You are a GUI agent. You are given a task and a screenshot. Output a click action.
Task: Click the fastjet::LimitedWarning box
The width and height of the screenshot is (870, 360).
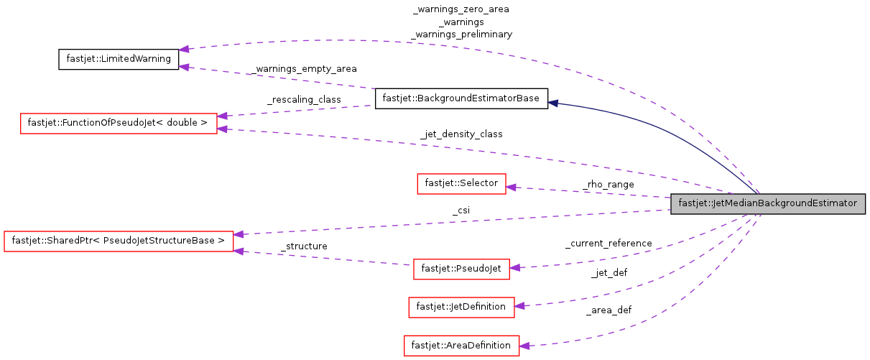[x=118, y=59]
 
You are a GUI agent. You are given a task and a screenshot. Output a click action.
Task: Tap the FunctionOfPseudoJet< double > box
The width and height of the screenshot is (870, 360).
[x=118, y=123]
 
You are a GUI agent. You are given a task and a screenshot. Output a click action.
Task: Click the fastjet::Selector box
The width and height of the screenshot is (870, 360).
[x=461, y=183]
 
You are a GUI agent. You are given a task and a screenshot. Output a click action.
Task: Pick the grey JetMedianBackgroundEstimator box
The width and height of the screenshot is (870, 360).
[x=767, y=203]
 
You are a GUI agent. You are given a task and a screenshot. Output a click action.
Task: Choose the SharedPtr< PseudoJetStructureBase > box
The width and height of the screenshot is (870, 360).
[x=119, y=240]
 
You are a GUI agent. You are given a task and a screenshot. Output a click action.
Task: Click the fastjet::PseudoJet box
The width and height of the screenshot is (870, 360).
[x=461, y=269]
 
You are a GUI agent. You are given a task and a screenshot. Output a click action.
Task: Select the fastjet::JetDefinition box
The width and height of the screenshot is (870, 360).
[x=461, y=307]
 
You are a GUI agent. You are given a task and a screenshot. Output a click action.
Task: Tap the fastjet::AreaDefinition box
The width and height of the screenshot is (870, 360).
[x=461, y=346]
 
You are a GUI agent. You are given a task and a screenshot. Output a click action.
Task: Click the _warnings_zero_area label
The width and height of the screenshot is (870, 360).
[x=461, y=10]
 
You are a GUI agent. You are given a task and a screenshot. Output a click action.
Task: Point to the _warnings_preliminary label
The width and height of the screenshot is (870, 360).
[x=461, y=34]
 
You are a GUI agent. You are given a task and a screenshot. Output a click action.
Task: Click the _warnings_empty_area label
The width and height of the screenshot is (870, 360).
[x=304, y=69]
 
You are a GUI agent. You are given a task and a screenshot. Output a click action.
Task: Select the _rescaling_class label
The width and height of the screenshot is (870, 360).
[x=304, y=99]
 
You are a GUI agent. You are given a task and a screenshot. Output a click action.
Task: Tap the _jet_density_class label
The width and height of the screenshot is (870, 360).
[x=461, y=134]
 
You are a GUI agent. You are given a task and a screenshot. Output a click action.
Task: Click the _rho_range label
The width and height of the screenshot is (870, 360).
[x=608, y=185]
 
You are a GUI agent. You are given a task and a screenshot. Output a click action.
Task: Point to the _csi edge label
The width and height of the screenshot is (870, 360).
[x=461, y=211]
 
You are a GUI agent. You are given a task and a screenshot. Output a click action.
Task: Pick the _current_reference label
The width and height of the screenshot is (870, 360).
[x=608, y=244]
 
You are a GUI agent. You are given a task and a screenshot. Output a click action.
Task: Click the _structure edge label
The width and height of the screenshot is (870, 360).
[x=304, y=246]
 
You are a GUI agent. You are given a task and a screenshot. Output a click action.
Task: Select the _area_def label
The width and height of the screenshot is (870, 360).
[x=608, y=311]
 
